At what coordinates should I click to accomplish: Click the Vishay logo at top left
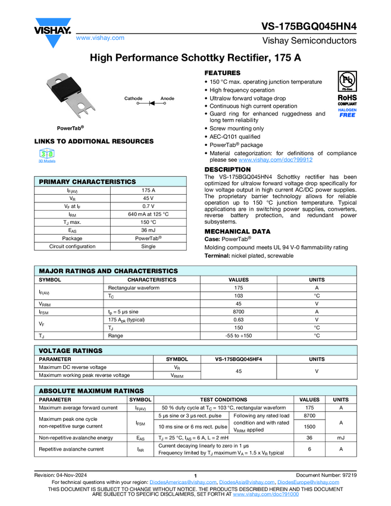click(x=52, y=29)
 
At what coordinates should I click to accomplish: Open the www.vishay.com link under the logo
click(x=100, y=38)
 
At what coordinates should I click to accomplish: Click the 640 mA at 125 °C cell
click(x=148, y=214)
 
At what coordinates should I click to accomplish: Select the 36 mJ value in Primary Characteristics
click(x=148, y=230)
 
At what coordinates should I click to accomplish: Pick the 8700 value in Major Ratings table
click(x=239, y=311)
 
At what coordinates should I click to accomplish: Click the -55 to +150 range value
click(x=239, y=335)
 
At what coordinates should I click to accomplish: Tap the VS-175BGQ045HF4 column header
click(x=239, y=359)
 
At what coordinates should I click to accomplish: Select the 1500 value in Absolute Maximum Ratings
click(x=309, y=426)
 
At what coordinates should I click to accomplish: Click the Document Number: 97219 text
click(x=326, y=474)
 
